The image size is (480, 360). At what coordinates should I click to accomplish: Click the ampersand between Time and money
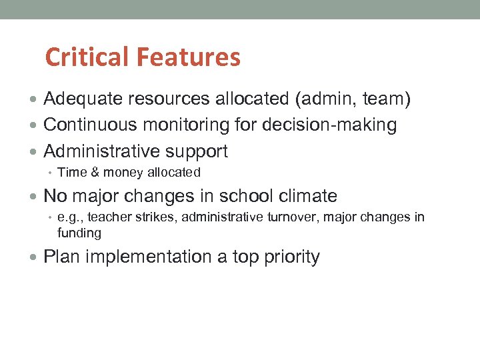(93, 173)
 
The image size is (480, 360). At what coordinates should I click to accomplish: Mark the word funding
(79, 233)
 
